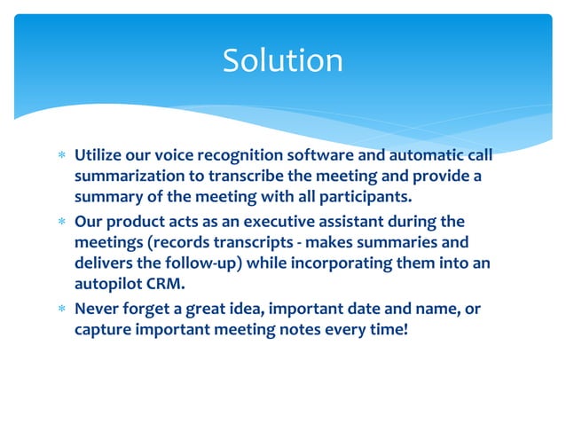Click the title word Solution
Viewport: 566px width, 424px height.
(282, 60)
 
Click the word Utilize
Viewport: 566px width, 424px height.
(100, 156)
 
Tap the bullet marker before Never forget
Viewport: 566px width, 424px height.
(61, 310)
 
